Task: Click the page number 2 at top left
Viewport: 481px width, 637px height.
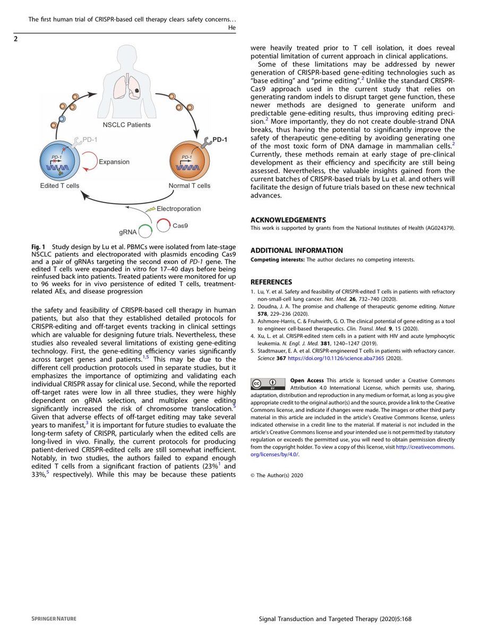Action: click(x=17, y=38)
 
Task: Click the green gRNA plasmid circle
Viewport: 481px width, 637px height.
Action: click(x=146, y=229)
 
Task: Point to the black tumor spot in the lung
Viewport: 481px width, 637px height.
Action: click(x=138, y=91)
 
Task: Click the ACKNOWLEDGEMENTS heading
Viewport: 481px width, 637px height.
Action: click(x=288, y=219)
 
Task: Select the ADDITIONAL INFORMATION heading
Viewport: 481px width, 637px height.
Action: click(x=297, y=251)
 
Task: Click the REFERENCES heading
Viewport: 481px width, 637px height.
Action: click(x=271, y=282)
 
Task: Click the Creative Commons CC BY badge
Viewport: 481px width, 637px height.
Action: click(x=268, y=384)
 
